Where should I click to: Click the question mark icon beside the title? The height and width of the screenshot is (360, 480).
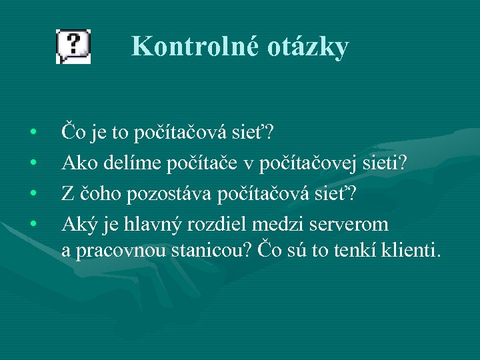[73, 46]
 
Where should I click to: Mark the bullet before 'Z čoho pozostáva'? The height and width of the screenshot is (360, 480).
[33, 193]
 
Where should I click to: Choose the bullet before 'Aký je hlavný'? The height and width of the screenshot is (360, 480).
[33, 222]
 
